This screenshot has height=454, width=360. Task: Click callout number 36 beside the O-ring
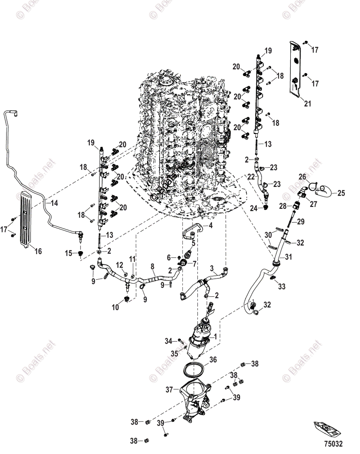click(x=213, y=359)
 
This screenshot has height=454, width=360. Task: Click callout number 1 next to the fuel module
click(x=216, y=336)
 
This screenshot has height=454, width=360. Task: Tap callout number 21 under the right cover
click(x=307, y=104)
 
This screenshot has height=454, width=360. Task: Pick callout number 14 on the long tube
click(x=54, y=203)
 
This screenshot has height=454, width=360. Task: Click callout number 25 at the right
click(x=341, y=193)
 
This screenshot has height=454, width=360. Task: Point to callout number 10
click(x=115, y=308)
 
